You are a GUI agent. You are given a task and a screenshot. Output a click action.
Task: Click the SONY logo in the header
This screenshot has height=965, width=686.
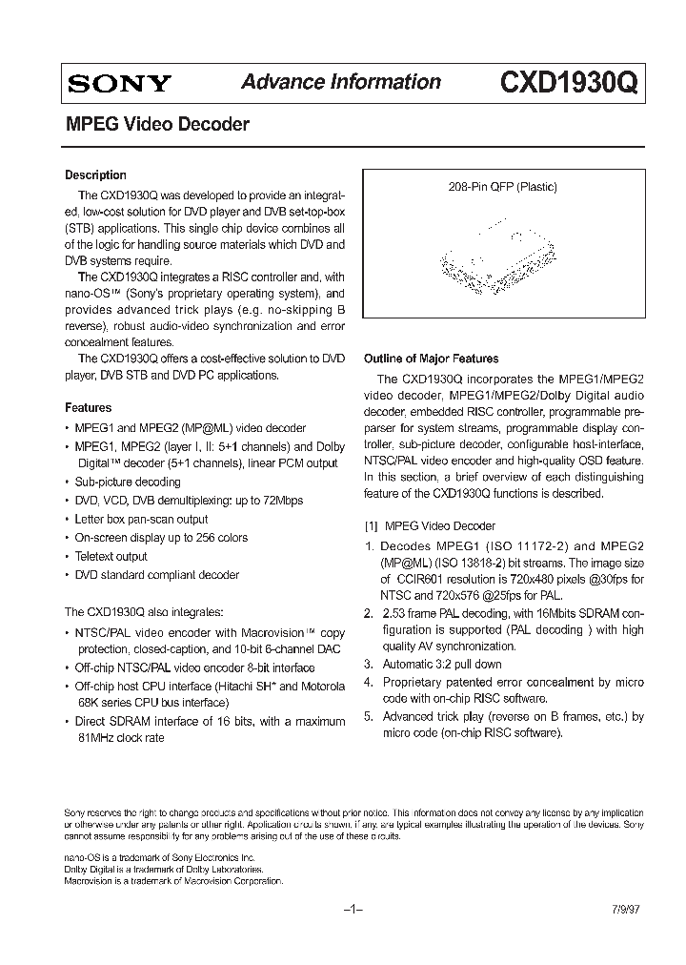coord(118,84)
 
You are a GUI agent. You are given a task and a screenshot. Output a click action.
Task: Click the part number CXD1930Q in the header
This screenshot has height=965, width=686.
coord(570,84)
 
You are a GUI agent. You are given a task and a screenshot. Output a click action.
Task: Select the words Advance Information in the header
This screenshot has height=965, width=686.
coord(341,82)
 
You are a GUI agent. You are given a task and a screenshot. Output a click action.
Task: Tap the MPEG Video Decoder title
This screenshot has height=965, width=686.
coord(157,124)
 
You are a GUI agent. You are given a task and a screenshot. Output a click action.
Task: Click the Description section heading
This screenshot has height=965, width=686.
coord(95,175)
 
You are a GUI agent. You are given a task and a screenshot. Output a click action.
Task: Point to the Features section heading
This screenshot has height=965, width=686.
coord(88,407)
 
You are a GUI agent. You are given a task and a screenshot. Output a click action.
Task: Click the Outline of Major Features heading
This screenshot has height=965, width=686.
coord(432,359)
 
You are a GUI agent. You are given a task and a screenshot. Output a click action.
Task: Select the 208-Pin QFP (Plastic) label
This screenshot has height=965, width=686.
coord(502,188)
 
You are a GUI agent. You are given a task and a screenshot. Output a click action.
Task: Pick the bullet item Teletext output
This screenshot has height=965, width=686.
coord(111,556)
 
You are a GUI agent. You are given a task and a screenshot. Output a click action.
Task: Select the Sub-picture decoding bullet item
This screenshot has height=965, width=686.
coord(128,482)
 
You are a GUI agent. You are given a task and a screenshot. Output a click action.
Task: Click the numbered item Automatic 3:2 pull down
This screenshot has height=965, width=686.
coord(442,664)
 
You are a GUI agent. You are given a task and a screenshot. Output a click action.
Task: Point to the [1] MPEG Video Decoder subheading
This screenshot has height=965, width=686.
coord(431,525)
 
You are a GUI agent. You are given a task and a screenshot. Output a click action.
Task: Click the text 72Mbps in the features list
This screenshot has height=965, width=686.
coord(281,501)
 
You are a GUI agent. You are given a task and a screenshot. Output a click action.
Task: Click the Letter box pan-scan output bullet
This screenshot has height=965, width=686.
coord(141,519)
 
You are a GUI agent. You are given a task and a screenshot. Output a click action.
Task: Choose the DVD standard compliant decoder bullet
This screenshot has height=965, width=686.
coord(157,575)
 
